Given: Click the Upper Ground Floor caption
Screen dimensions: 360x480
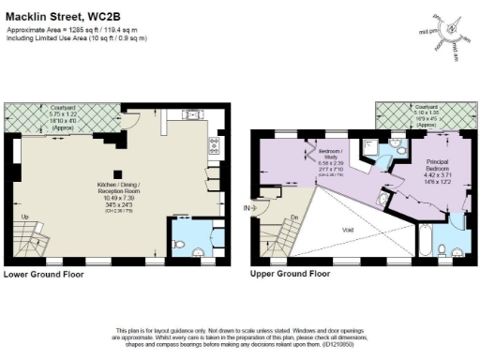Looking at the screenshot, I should pos(290,275).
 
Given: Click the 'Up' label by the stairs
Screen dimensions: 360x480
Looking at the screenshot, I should pos(25,218).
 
